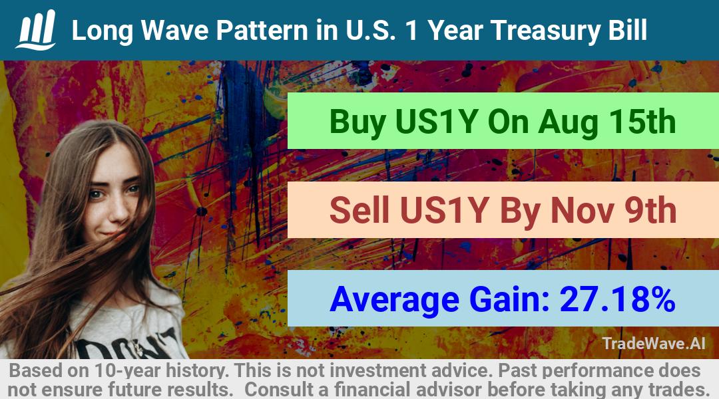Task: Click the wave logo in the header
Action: click(36, 29)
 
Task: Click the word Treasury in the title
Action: click(545, 31)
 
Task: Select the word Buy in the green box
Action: click(358, 122)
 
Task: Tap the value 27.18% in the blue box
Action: click(617, 299)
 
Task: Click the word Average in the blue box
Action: click(394, 300)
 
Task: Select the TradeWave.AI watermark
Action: click(654, 343)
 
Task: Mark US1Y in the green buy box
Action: click(437, 122)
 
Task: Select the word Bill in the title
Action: click(628, 30)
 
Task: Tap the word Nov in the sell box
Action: click(582, 211)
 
